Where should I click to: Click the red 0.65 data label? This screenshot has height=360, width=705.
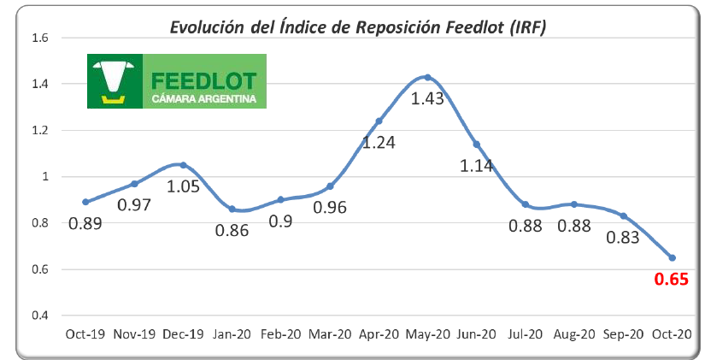click(672, 278)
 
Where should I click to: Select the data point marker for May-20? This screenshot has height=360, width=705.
click(427, 77)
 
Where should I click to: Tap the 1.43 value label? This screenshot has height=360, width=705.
click(427, 98)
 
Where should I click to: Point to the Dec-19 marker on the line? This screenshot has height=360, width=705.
click(183, 165)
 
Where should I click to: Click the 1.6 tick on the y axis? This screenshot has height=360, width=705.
click(39, 38)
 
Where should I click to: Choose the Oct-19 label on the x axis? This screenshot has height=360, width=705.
click(85, 334)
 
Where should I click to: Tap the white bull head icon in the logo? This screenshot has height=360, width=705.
click(115, 77)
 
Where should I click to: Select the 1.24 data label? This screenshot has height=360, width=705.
click(379, 143)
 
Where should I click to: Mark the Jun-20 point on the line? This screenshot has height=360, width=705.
click(476, 144)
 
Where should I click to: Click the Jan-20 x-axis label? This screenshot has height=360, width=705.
click(232, 334)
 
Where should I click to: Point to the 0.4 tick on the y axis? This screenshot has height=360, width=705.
click(39, 316)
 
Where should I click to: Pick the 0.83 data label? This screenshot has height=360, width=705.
click(623, 238)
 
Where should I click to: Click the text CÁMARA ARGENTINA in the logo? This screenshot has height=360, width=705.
click(203, 99)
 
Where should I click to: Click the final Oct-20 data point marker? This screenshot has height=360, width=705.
click(672, 257)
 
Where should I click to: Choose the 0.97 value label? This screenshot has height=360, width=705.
click(134, 205)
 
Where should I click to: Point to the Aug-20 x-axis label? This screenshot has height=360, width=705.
click(574, 334)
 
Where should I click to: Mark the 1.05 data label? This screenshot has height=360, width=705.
click(183, 186)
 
